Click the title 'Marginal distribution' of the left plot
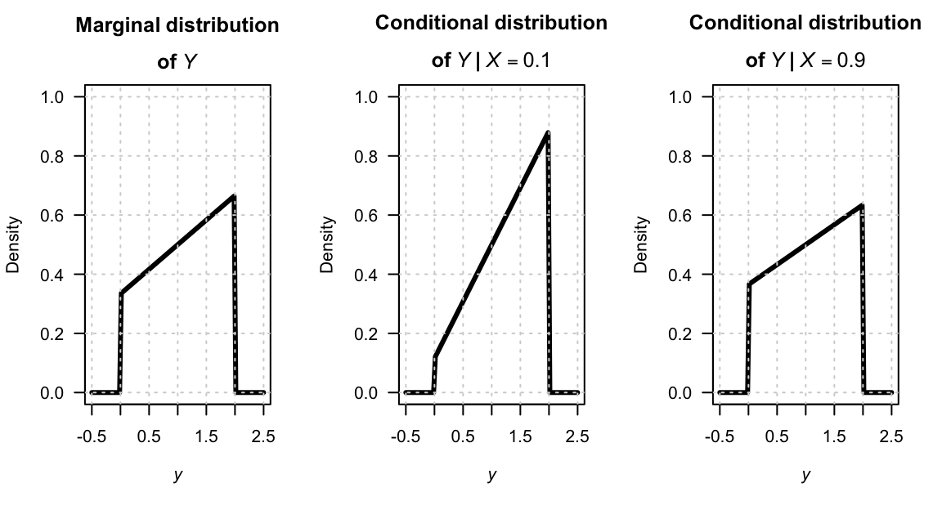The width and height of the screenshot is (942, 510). (x=177, y=25)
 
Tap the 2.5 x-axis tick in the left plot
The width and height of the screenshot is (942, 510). (x=263, y=436)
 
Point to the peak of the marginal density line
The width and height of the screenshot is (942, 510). (x=234, y=196)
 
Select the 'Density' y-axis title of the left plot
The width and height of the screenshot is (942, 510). (x=14, y=244)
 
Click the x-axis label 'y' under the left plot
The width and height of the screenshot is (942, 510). (x=177, y=475)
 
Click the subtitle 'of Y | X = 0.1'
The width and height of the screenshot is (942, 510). (x=491, y=60)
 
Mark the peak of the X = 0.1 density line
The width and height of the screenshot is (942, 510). (x=548, y=132)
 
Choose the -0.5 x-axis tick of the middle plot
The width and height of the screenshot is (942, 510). (x=405, y=436)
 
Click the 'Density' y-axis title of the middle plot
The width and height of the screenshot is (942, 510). (x=328, y=244)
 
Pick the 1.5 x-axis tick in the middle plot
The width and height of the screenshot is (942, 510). (x=520, y=436)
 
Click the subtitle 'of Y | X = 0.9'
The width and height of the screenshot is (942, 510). (x=805, y=60)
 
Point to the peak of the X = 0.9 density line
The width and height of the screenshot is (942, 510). (x=862, y=205)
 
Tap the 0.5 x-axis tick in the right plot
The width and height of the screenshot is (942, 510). (x=777, y=436)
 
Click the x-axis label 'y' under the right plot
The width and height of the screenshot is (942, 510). (x=805, y=475)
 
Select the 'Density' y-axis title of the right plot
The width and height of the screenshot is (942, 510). (x=642, y=244)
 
